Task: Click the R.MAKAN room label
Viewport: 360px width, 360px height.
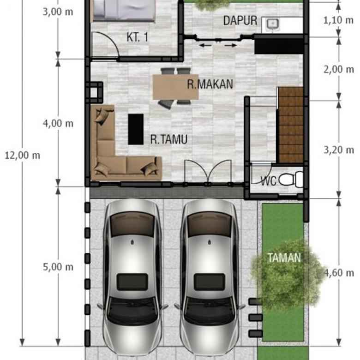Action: tap(210, 84)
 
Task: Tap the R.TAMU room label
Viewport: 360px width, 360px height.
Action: tap(168, 139)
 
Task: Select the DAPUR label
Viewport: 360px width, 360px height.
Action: tap(240, 21)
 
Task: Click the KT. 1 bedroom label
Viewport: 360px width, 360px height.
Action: tap(138, 37)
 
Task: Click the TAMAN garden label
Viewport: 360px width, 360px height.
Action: tap(284, 258)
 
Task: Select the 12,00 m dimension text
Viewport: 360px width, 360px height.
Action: tap(22, 155)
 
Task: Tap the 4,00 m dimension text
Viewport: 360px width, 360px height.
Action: tap(58, 123)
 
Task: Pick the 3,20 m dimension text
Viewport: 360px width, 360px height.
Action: tap(339, 150)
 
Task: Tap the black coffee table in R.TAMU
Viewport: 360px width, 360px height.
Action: tap(136, 129)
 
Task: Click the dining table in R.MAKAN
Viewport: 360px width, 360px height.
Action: tap(175, 87)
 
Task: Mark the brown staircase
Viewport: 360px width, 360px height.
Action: tap(290, 125)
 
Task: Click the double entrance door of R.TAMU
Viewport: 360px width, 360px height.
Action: tap(208, 173)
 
